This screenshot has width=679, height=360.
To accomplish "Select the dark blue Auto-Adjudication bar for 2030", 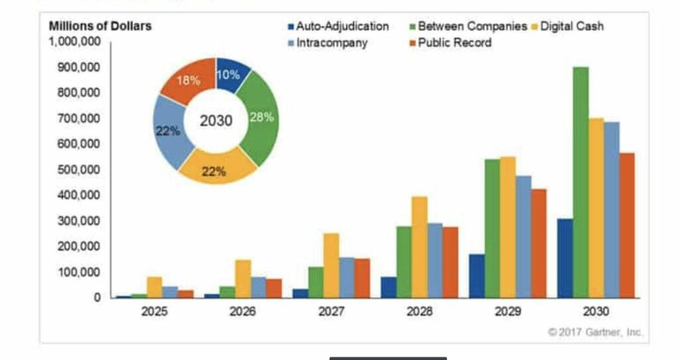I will [x=565, y=259].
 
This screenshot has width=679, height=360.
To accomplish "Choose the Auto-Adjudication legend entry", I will [x=338, y=27].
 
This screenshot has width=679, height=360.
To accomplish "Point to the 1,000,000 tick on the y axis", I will [x=74, y=41].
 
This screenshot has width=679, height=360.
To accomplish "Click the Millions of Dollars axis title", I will [x=100, y=26].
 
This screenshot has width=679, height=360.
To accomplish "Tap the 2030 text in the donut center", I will [x=216, y=121].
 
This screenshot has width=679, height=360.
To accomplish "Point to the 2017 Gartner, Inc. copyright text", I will [x=595, y=331].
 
